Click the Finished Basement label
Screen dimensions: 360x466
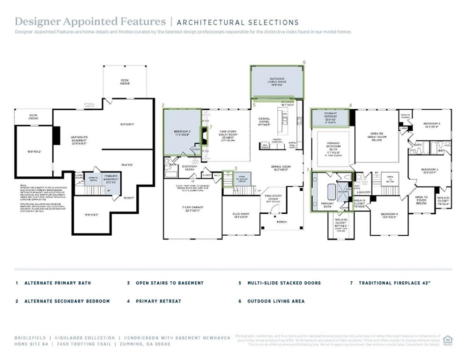point(111,180)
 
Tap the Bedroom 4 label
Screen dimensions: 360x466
point(389,215)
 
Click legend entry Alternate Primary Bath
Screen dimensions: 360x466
point(58,283)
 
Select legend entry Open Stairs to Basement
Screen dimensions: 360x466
point(170,283)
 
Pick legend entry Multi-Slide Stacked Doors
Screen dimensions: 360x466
point(284,283)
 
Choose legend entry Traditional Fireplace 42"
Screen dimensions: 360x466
point(394,283)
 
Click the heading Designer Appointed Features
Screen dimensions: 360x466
point(90,22)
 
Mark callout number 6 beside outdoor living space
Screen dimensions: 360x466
point(304,62)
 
